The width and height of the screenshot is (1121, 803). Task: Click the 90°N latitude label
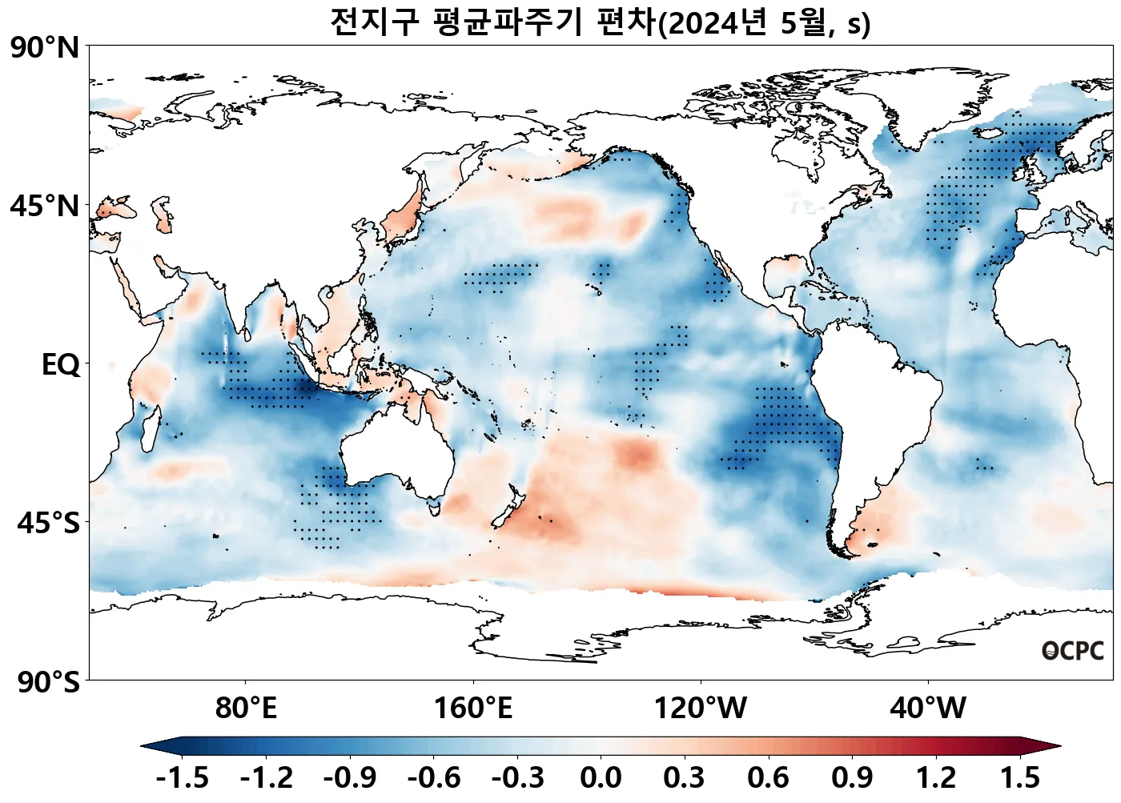(45, 48)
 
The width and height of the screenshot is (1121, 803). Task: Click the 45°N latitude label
(45, 207)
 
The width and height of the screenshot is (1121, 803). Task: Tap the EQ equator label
(61, 365)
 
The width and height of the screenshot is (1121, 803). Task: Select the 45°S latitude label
(48, 524)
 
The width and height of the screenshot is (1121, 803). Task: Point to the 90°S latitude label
(48, 683)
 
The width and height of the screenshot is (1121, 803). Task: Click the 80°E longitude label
(246, 709)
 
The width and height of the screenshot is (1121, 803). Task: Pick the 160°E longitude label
(473, 709)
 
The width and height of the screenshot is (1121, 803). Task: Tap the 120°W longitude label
(701, 709)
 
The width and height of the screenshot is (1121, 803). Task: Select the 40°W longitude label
(928, 709)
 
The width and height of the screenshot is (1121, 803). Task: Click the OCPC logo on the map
(1072, 652)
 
